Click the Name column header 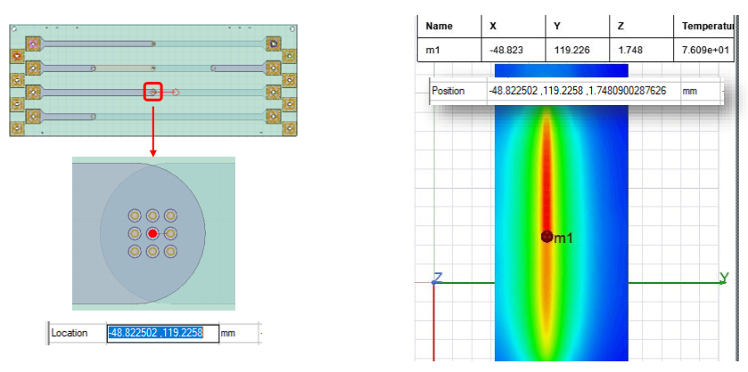click(439, 26)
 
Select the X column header click(493, 26)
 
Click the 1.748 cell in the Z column click(629, 51)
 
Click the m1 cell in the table click(432, 51)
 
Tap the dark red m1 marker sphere click(547, 236)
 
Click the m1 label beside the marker click(563, 239)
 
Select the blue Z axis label click(438, 278)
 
